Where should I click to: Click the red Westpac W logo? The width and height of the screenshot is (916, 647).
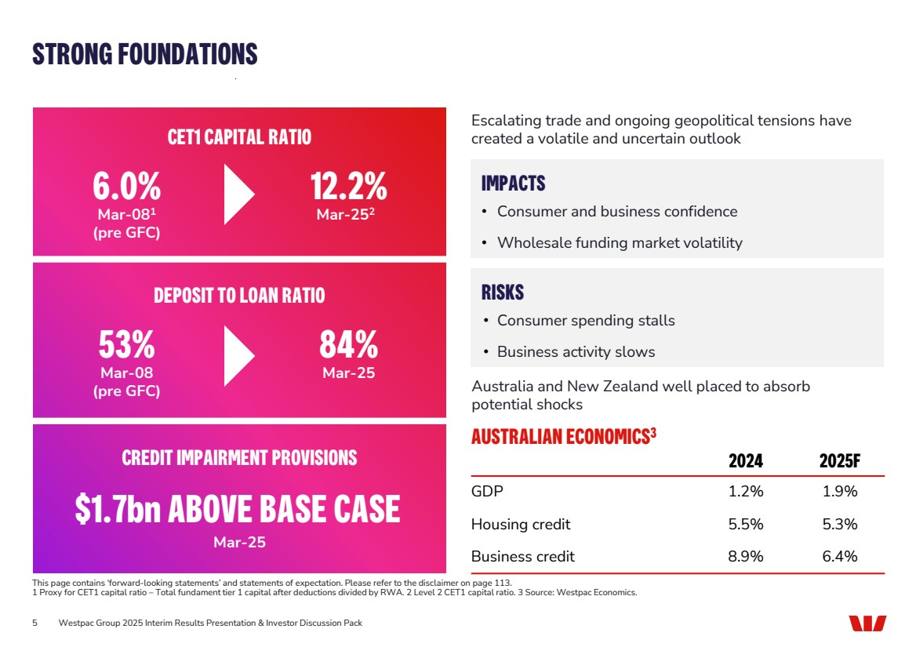click(x=867, y=623)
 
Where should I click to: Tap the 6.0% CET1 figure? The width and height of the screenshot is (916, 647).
click(x=126, y=188)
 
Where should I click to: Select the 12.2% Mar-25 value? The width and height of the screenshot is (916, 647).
click(x=348, y=188)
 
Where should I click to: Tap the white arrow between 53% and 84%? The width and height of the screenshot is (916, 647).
click(x=238, y=356)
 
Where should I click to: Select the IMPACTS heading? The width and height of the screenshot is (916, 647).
click(x=513, y=184)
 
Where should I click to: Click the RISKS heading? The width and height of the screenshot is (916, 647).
click(x=502, y=293)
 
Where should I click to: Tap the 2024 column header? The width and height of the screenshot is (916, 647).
click(x=745, y=461)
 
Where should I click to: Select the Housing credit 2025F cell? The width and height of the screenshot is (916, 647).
click(x=839, y=524)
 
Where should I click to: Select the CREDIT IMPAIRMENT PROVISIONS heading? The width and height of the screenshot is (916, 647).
click(x=239, y=457)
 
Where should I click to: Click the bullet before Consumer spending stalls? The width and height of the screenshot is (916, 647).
click(x=485, y=321)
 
